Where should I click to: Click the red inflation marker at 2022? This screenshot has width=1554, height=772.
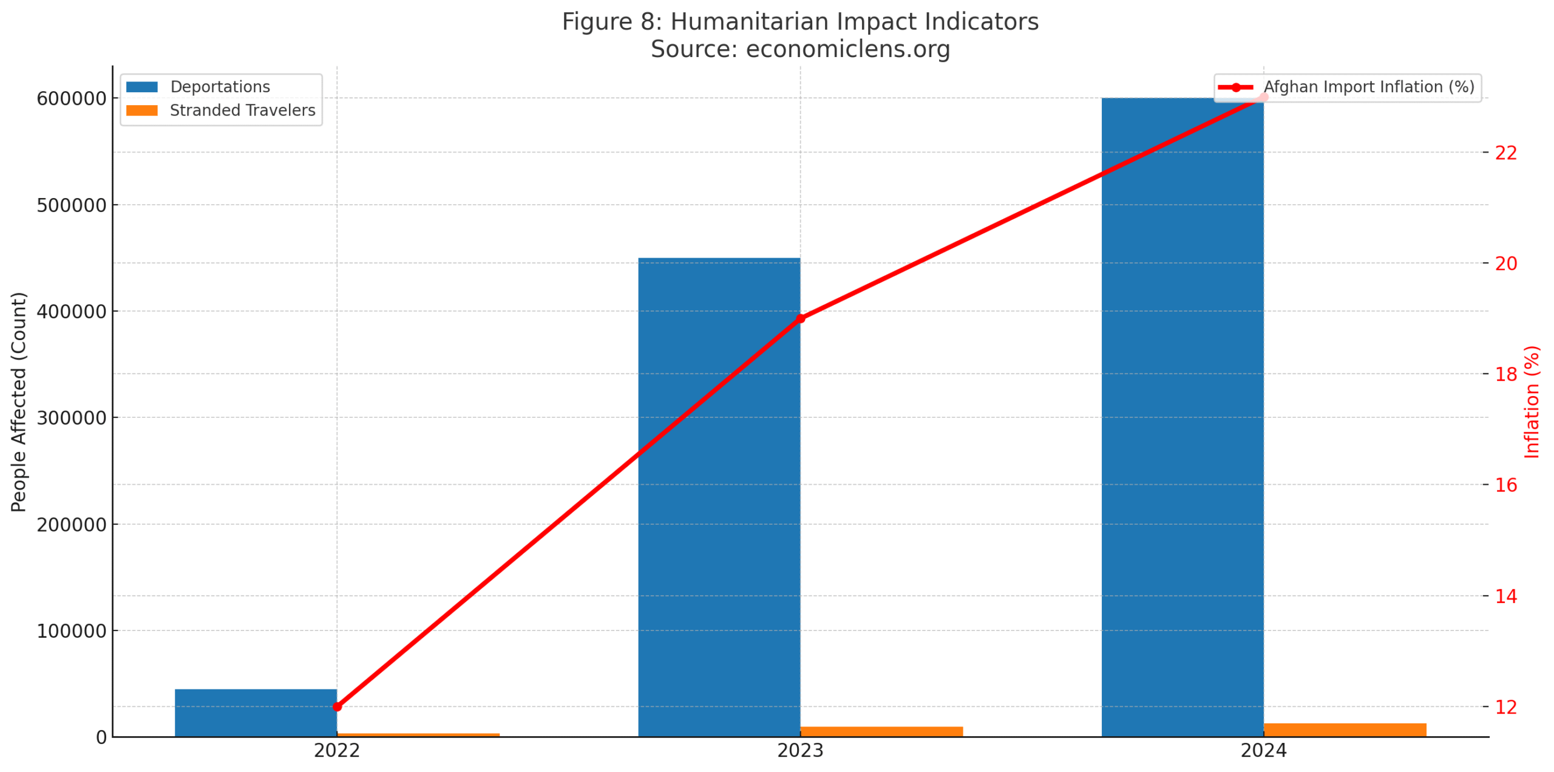point(337,706)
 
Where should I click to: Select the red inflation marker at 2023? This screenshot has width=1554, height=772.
point(800,318)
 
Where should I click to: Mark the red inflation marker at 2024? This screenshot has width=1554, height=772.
point(1263,97)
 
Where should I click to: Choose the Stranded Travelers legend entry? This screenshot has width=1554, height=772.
point(242,111)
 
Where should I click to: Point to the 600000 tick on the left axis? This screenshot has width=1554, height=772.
point(71,98)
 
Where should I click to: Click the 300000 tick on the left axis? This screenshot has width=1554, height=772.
point(71,418)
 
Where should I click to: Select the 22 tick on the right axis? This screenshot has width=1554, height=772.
point(1505,152)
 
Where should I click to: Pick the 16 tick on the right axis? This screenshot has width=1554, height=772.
point(1505,485)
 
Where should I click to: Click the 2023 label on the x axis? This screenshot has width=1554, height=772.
point(800,751)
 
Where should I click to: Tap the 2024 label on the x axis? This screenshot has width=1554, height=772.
point(1263,751)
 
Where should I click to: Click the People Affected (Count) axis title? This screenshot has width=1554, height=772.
point(19,401)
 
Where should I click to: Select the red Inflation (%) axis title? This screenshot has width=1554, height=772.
point(1532,401)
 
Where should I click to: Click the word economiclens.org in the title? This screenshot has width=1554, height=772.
point(847,49)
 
